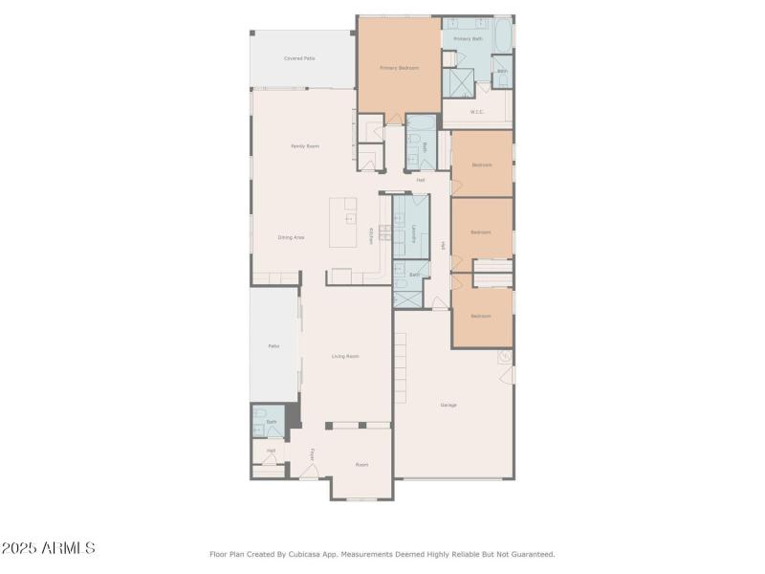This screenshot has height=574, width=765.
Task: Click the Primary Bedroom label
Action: coord(399,68)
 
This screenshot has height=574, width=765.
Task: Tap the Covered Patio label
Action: coord(299,58)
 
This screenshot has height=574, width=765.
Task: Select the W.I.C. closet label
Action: coord(477,112)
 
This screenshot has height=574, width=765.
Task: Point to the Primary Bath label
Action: coord(468,38)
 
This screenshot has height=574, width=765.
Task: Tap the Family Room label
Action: coord(305,146)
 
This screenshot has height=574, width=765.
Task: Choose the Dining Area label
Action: coord(291,237)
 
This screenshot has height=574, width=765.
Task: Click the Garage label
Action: coord(448,405)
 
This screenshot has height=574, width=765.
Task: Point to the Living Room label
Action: coord(345,356)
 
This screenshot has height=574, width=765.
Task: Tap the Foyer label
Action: coord(312,453)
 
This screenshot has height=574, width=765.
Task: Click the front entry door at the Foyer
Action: coord(309,470)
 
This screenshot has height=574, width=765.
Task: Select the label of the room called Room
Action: coord(361,465)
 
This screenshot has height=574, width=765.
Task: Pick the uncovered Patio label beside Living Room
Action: coord(273,345)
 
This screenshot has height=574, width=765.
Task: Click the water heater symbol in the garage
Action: coord(503,357)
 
